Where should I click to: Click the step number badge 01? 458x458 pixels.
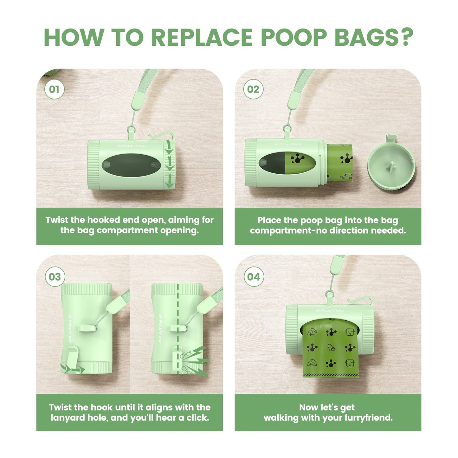[x=54, y=89]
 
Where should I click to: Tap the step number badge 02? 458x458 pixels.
[x=253, y=89]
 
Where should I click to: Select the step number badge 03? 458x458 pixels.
[x=55, y=277]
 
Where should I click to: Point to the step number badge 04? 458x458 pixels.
[x=253, y=277]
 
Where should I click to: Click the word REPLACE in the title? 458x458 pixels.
[x=202, y=37]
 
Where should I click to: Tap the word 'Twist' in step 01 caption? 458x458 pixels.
[x=57, y=220]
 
